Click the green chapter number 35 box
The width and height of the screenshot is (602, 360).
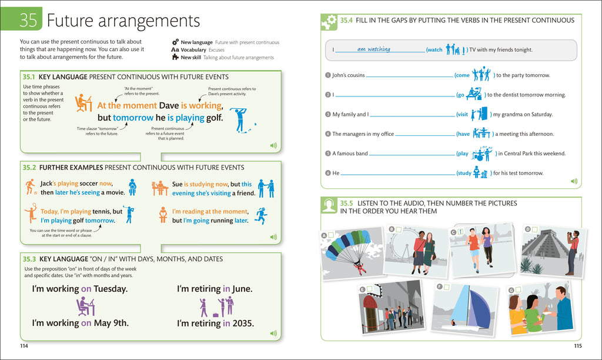(21, 19)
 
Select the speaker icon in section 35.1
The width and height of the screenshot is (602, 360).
(273, 146)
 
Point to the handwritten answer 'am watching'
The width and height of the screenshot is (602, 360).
(373, 49)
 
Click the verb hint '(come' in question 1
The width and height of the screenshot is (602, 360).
(462, 75)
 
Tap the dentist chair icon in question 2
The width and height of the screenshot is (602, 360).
(474, 94)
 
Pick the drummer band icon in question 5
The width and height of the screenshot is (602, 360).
(482, 154)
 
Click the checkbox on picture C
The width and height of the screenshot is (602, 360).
(461, 232)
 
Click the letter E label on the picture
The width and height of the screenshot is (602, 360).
(362, 289)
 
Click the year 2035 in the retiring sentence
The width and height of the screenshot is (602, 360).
(243, 324)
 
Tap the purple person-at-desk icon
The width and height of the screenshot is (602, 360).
(86, 306)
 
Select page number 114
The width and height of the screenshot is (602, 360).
(24, 346)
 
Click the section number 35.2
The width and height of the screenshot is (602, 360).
(29, 168)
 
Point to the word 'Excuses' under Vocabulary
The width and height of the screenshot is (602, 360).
(216, 50)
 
